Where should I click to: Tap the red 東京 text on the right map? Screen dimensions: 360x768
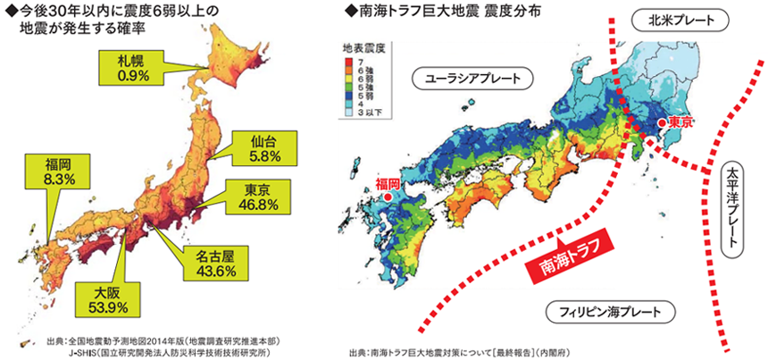coord(680,122)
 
